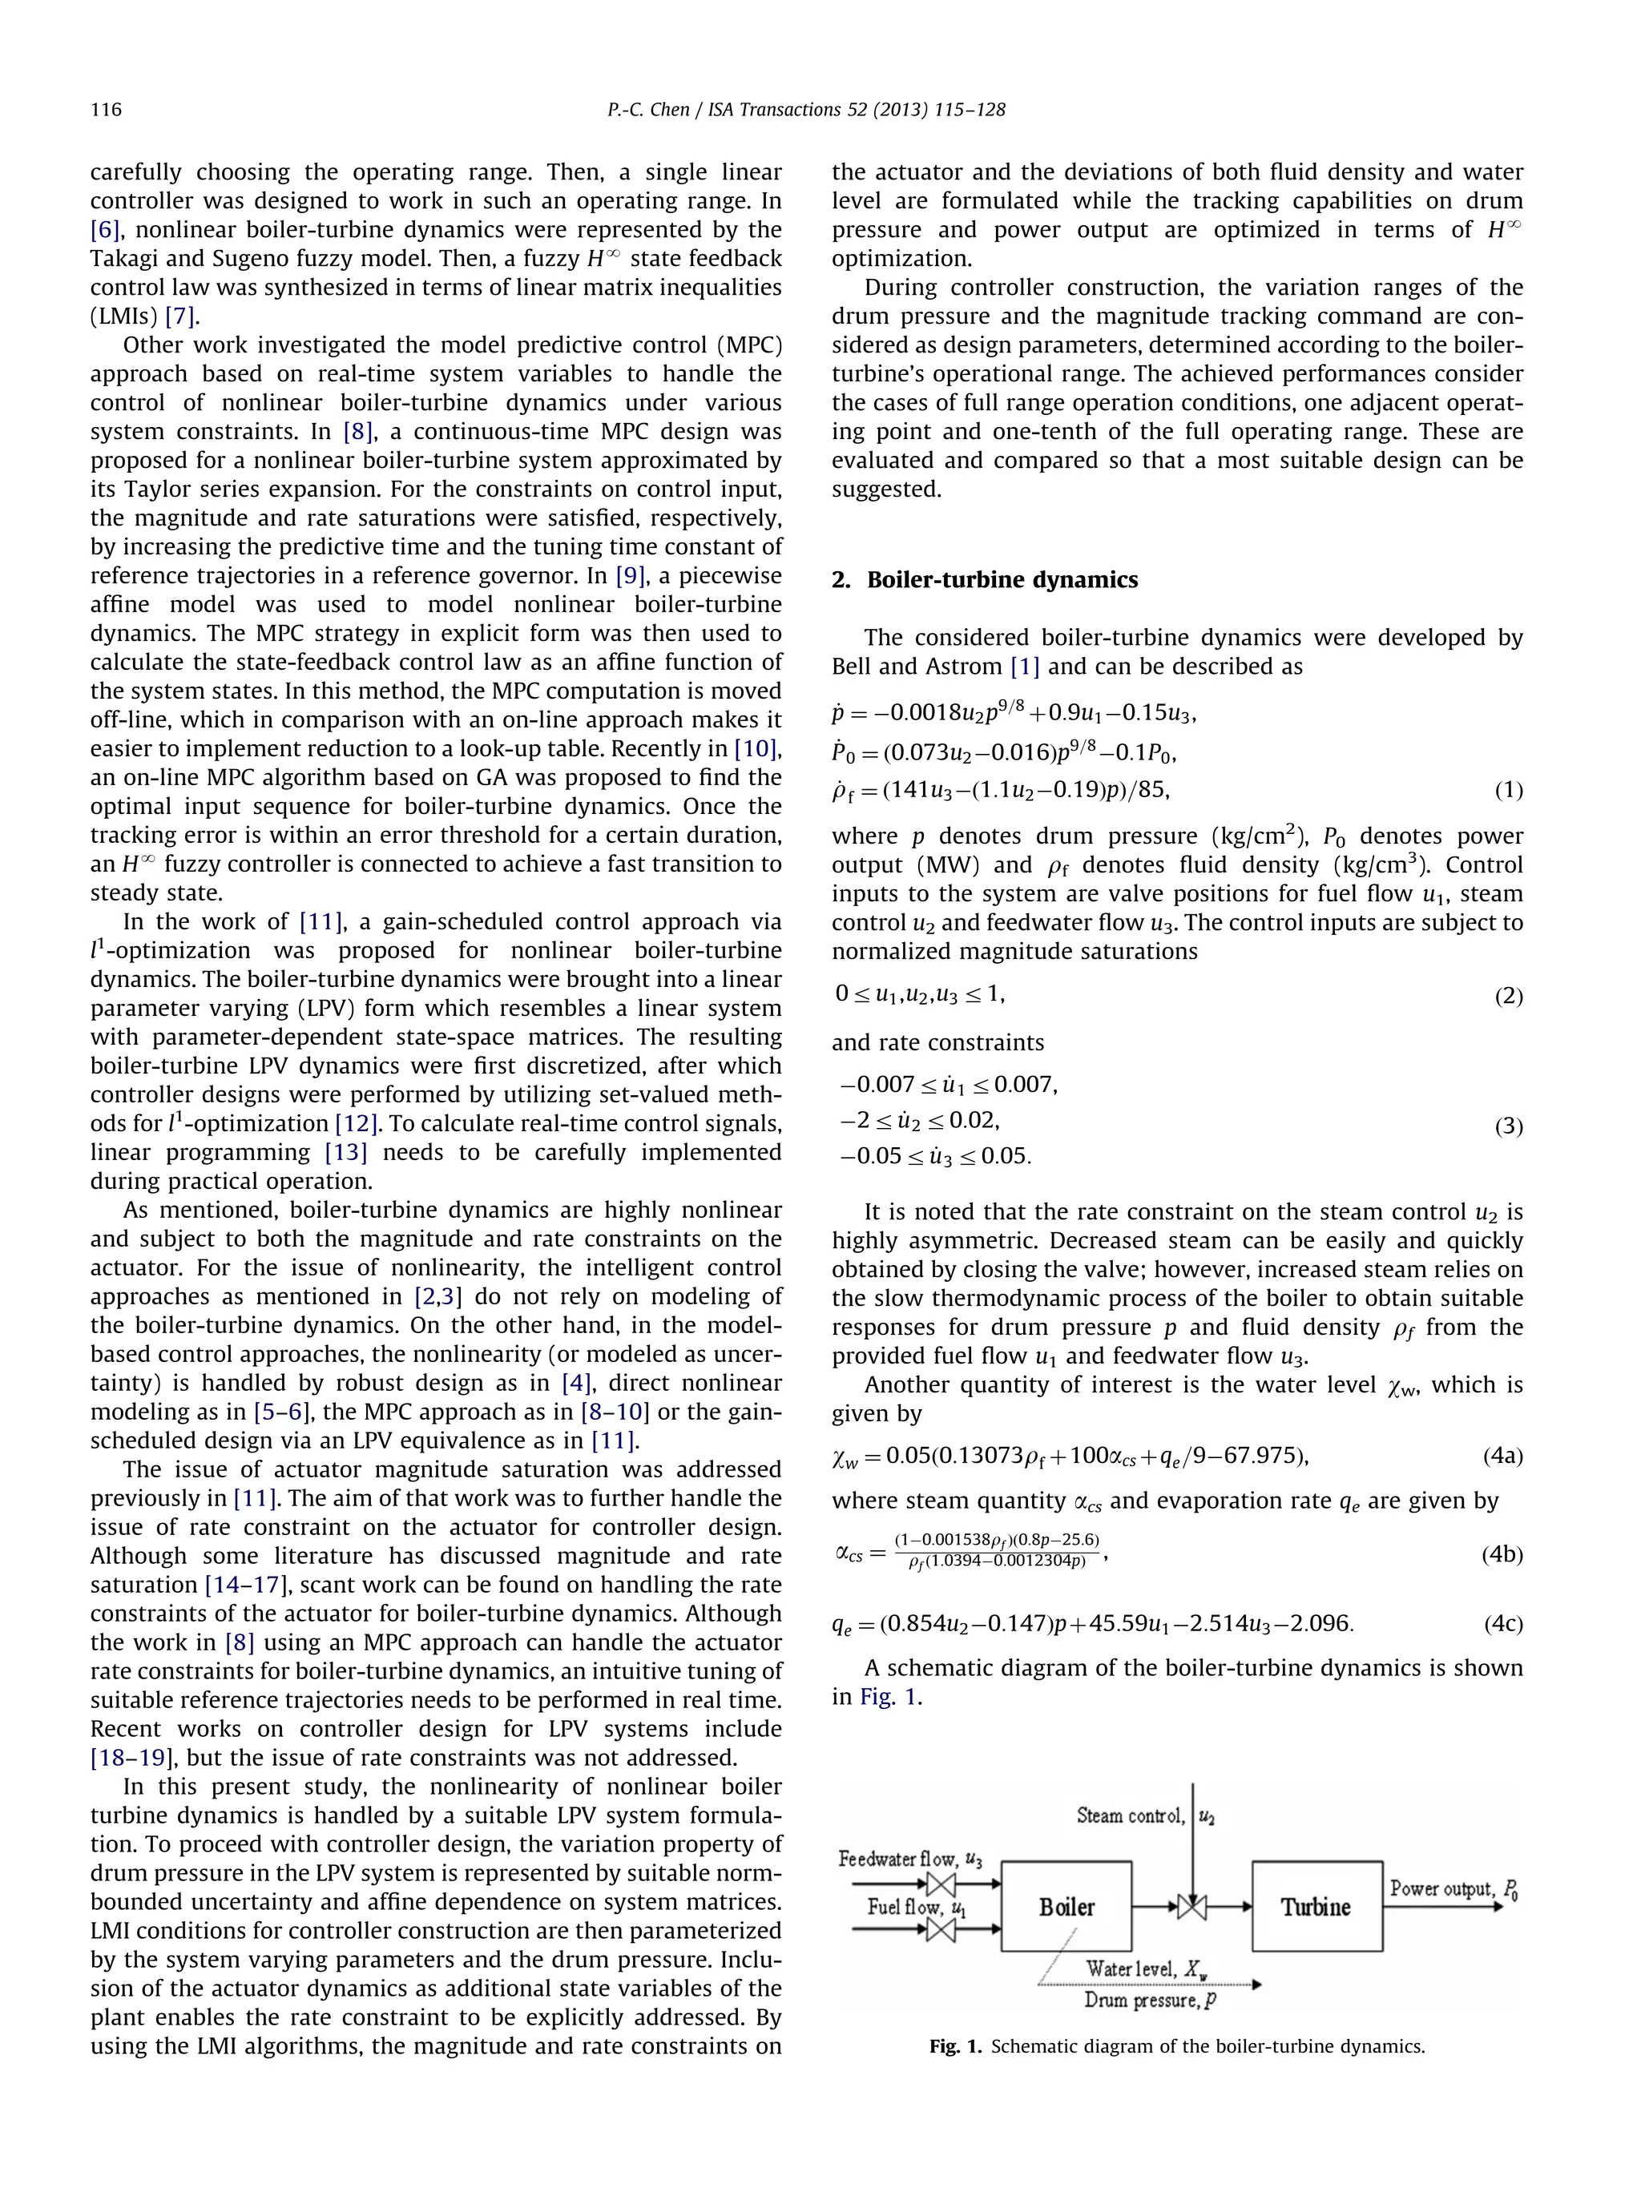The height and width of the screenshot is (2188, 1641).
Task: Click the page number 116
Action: tap(106, 110)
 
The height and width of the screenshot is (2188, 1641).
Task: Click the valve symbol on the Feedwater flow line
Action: tap(940, 1884)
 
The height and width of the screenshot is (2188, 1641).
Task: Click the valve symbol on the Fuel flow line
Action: tap(940, 1930)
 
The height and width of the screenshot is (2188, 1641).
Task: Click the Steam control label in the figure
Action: tap(1130, 1816)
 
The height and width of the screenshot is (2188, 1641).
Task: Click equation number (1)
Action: tap(1507, 789)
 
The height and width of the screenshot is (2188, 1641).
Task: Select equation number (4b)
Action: tap(1502, 1554)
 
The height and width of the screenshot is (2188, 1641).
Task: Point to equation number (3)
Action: tap(1507, 1126)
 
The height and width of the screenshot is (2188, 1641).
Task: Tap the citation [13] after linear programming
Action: tap(345, 1152)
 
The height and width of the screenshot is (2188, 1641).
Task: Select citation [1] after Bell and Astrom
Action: tap(1024, 667)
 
